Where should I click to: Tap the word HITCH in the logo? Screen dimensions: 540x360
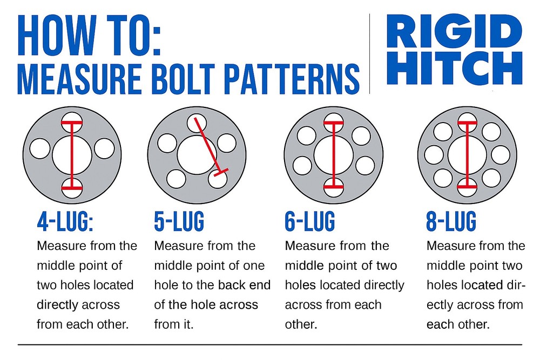[x=454, y=68]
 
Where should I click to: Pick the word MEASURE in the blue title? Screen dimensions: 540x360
[x=79, y=79]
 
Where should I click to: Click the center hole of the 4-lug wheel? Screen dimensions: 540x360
[x=72, y=155]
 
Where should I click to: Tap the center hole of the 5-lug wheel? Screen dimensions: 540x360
[x=197, y=155]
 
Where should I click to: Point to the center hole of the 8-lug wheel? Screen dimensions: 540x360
[x=467, y=155]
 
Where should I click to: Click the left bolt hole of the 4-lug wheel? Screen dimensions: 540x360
[x=40, y=148]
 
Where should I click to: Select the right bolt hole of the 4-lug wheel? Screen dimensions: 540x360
[x=104, y=148]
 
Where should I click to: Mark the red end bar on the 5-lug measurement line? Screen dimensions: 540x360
[x=221, y=172]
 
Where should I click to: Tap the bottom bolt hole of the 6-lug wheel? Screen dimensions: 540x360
[x=334, y=188]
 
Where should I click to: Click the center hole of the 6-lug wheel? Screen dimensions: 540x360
[x=334, y=155]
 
